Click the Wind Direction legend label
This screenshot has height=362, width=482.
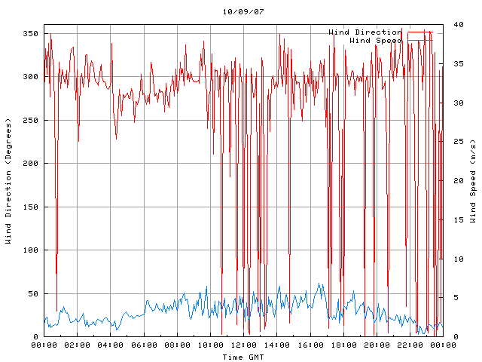point(365,32)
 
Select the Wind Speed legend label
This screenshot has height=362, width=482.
point(376,40)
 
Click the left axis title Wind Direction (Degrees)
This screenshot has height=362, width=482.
point(8,181)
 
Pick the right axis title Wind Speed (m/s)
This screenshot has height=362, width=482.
point(473,181)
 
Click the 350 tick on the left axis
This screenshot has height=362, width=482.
point(30,34)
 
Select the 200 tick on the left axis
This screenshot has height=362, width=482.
point(30,164)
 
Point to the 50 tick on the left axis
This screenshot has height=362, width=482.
point(32,294)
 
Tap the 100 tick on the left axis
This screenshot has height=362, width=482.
point(30,250)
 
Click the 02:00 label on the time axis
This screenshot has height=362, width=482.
point(78,345)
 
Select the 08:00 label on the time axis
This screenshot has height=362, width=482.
point(177,345)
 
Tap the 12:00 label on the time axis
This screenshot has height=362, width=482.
point(243,345)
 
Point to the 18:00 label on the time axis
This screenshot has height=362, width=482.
point(343,345)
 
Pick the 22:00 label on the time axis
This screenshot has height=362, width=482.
point(409,345)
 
